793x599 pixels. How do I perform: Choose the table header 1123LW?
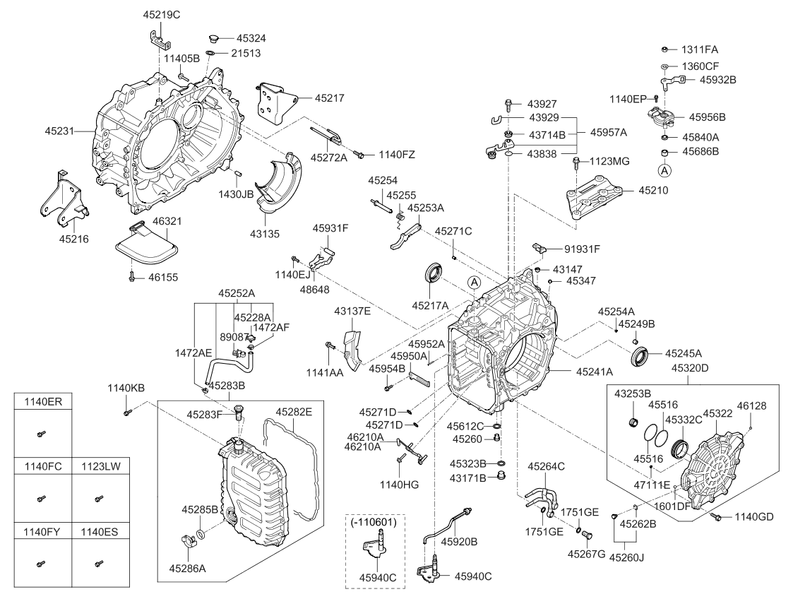tap(100, 467)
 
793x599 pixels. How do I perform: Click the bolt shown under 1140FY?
tap(41, 564)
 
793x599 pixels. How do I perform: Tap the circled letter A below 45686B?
tap(664, 170)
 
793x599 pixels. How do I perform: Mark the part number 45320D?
tap(691, 367)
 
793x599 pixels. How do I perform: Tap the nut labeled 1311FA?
tap(665, 49)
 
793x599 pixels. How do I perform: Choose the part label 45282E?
tap(294, 411)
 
